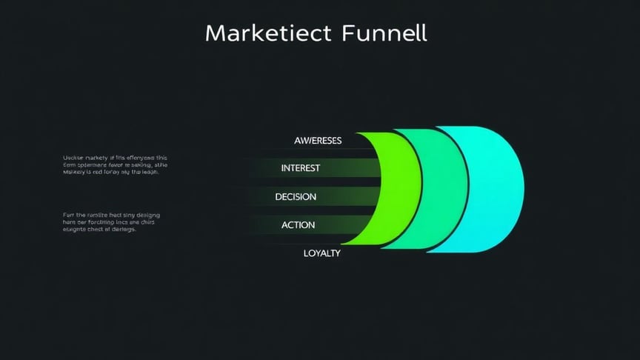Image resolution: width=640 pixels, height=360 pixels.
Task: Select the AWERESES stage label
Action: [318, 141]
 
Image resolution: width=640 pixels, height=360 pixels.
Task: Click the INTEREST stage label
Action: [301, 168]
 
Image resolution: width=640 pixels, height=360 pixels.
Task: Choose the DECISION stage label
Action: [296, 197]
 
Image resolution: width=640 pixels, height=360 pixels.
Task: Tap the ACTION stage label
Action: [298, 225]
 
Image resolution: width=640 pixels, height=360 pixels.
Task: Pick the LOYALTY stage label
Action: [321, 253]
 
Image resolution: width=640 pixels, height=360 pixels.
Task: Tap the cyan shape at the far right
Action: [493, 189]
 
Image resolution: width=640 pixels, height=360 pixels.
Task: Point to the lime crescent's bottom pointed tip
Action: [343, 244]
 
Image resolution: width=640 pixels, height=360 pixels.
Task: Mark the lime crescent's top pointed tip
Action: [358, 133]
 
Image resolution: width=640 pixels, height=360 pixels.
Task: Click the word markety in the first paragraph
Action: [96, 159]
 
